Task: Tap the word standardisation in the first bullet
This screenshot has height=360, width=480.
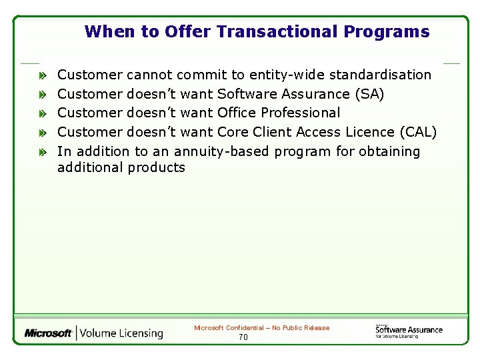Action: (381, 75)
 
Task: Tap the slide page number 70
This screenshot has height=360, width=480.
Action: (243, 337)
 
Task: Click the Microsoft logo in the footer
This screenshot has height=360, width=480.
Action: (48, 333)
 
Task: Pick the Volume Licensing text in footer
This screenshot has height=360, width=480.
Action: (122, 333)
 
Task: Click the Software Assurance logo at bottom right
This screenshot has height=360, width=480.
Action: (408, 330)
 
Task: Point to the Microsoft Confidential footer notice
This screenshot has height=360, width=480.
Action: (261, 328)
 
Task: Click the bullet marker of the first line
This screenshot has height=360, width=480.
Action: (43, 75)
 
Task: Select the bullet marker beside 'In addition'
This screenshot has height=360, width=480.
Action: (43, 152)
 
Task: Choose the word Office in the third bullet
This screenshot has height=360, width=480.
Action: (236, 113)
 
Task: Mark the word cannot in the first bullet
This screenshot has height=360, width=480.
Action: (150, 75)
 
